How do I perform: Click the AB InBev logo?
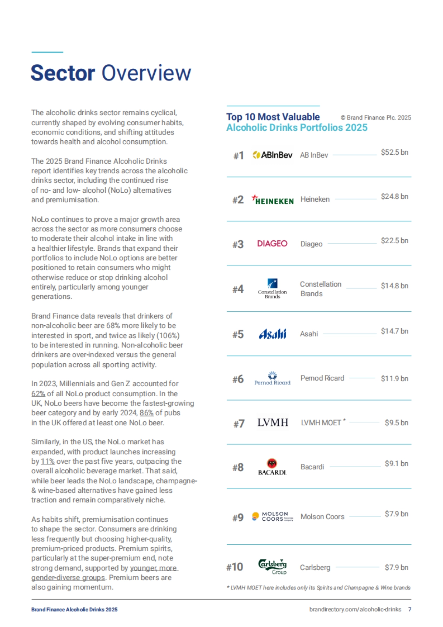pyautogui.click(x=272, y=155)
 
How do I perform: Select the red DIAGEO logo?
pyautogui.click(x=272, y=244)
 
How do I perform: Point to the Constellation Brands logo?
pyautogui.click(x=272, y=289)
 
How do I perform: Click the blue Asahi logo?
pyautogui.click(x=272, y=334)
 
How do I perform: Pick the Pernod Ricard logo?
pyautogui.click(x=272, y=378)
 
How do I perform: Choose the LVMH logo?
pyautogui.click(x=273, y=422)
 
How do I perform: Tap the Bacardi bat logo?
pyautogui.click(x=272, y=467)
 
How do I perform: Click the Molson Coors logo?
pyautogui.click(x=272, y=516)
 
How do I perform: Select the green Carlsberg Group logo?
pyautogui.click(x=272, y=566)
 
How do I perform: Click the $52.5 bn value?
pyautogui.click(x=394, y=153)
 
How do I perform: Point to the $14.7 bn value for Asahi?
pyautogui.click(x=394, y=331)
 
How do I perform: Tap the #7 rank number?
pyautogui.click(x=239, y=424)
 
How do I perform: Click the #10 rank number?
pyautogui.click(x=235, y=567)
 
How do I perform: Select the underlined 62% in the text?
pyautogui.click(x=38, y=394)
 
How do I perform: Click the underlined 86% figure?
pyautogui.click(x=147, y=413)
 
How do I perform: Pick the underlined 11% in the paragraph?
pyautogui.click(x=48, y=461)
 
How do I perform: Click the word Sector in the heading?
pyautogui.click(x=63, y=73)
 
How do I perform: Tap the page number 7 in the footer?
pyautogui.click(x=409, y=610)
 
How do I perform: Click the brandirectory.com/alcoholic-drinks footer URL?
pyautogui.click(x=355, y=610)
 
